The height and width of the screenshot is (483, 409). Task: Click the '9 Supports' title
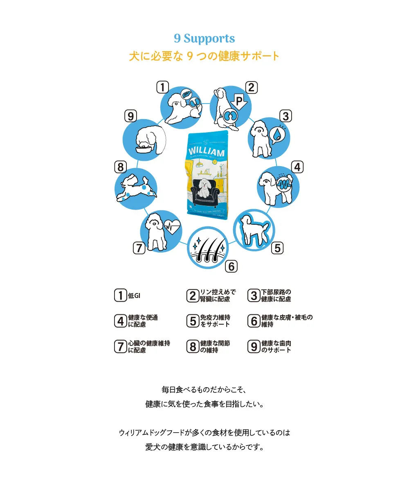point(204,38)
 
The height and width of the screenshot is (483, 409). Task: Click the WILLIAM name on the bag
point(207,153)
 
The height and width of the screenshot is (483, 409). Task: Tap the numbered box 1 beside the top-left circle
point(162,87)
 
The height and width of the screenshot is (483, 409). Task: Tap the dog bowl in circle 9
point(143,149)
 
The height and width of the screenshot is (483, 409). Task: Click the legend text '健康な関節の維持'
point(215,346)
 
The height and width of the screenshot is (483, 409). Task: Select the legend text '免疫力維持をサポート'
point(215,321)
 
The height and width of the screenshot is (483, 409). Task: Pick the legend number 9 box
point(254,347)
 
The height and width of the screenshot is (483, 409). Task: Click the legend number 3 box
point(254,296)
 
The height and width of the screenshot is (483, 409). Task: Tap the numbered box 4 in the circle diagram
point(297,167)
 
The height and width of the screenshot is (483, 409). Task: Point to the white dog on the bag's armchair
point(204,189)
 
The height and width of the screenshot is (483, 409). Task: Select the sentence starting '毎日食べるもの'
point(204,388)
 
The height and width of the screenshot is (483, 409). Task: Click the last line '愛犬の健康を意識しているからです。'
point(204,447)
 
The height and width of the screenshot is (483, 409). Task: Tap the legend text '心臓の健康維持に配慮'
point(149,346)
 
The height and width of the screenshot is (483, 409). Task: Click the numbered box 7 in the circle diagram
point(139,248)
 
